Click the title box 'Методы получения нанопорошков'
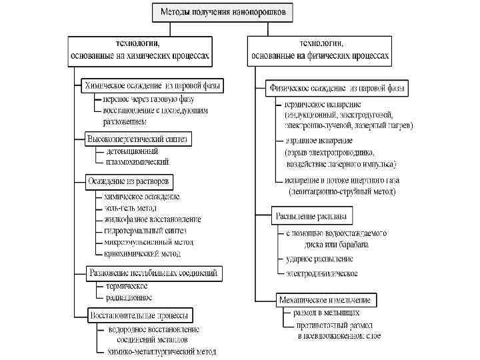(x=222, y=11)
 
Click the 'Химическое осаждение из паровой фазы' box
(x=153, y=86)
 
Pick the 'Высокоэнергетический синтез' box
(x=139, y=139)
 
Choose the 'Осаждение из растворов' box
(x=129, y=181)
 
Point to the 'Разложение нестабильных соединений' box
(x=153, y=273)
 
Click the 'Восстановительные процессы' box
(x=139, y=314)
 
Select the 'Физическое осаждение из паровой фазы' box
(x=338, y=87)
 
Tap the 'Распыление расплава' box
(x=312, y=217)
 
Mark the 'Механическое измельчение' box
(x=326, y=299)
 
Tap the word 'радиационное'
(x=129, y=297)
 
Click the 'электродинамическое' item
(x=322, y=273)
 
